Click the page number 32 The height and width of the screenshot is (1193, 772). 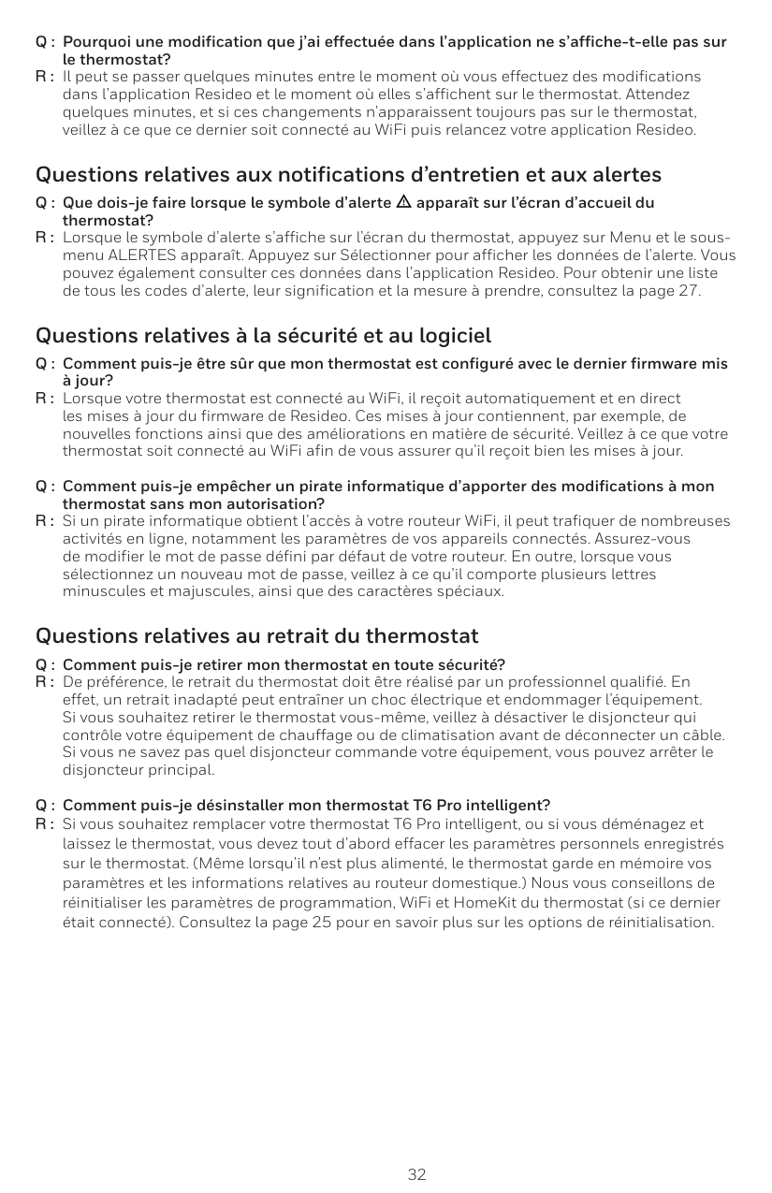[x=416, y=1174]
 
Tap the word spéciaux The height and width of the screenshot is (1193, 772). [x=473, y=592]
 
